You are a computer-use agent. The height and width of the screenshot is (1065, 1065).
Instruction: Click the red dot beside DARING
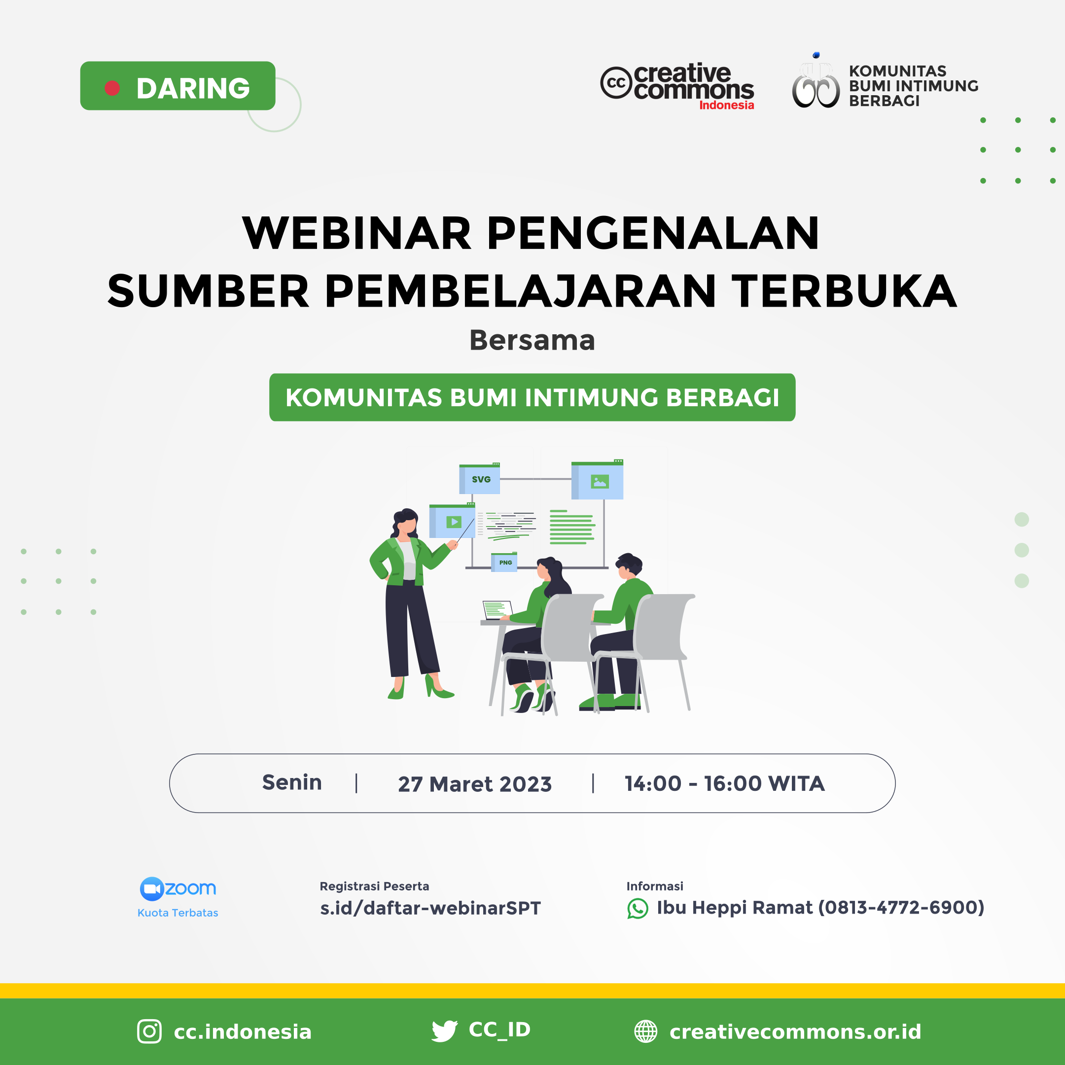112,88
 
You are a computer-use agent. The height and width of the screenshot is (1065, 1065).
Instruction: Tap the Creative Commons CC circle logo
615,83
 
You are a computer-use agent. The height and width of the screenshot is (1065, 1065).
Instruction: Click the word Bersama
532,340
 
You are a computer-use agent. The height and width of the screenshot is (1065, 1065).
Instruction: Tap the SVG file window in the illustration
480,479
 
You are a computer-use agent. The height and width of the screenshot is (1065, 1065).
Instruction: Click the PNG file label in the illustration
504,562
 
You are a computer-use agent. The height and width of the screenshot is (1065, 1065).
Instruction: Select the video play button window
453,522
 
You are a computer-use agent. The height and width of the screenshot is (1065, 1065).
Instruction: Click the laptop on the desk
496,610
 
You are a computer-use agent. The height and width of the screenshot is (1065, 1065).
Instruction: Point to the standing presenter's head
406,522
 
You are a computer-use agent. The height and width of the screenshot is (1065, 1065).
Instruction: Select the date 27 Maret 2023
475,784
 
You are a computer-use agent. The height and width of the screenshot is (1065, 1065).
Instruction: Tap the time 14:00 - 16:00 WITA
724,783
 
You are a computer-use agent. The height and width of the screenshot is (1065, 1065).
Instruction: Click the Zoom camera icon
151,888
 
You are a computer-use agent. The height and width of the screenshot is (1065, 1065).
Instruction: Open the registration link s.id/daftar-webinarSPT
430,908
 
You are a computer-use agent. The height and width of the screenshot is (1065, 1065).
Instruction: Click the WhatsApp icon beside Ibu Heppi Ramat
637,908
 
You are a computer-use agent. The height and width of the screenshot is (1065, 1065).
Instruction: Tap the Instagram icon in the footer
149,1031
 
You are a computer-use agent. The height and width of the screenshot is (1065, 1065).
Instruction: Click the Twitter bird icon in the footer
444,1031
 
